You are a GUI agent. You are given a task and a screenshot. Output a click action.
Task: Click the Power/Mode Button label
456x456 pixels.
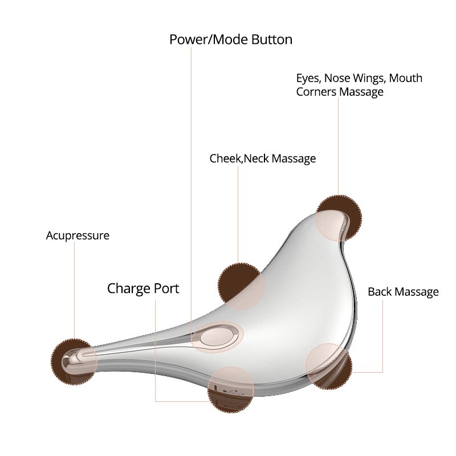pyautogui.click(x=231, y=39)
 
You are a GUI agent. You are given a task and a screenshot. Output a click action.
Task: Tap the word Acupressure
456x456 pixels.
pyautogui.click(x=78, y=236)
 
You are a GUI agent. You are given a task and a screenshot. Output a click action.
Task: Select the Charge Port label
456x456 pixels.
pyautogui.click(x=143, y=289)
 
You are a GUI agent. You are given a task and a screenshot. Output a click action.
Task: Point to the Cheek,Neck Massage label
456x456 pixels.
pyautogui.click(x=263, y=159)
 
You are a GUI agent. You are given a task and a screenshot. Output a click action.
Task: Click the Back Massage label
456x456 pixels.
pyautogui.click(x=404, y=292)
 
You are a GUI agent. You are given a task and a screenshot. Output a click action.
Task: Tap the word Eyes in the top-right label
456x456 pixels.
pyautogui.click(x=308, y=78)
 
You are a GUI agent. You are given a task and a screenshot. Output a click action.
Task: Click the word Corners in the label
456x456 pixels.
pyautogui.click(x=316, y=92)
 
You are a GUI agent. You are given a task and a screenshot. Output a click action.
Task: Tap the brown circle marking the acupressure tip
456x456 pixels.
pyautogui.click(x=74, y=362)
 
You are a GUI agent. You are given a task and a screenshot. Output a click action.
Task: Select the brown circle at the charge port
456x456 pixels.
pyautogui.click(x=231, y=389)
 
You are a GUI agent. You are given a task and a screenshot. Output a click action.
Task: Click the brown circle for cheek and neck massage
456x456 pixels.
pyautogui.click(x=241, y=286)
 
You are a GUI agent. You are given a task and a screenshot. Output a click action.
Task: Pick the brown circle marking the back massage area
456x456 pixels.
pyautogui.click(x=329, y=366)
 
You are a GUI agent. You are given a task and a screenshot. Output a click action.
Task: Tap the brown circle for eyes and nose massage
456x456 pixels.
pyautogui.click(x=339, y=218)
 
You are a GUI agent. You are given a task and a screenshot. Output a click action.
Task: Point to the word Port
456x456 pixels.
pyautogui.click(x=166, y=289)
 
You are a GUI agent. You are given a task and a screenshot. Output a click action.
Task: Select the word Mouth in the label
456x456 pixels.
pyautogui.click(x=406, y=78)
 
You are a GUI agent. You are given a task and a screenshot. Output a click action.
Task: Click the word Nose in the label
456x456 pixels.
pyautogui.click(x=337, y=78)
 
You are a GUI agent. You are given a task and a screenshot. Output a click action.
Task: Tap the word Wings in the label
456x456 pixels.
pyautogui.click(x=369, y=79)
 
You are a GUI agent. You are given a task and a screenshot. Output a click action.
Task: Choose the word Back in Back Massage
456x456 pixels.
pyautogui.click(x=380, y=292)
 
